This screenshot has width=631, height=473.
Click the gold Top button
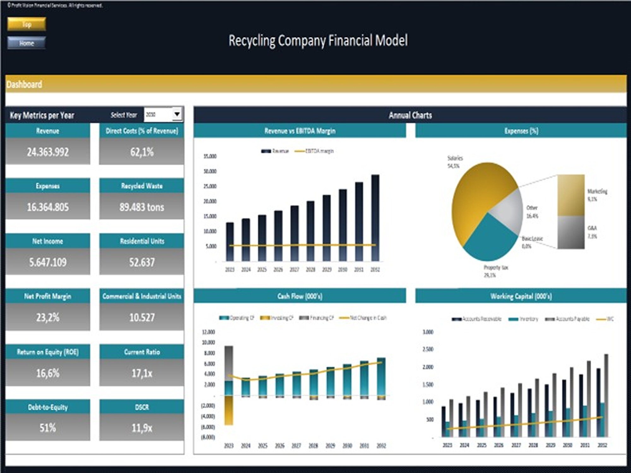[27, 24]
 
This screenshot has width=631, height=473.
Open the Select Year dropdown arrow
[177, 114]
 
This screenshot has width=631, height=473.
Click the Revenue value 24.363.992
[48, 152]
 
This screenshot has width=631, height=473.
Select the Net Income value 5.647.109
[48, 262]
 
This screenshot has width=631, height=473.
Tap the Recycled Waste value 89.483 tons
[142, 207]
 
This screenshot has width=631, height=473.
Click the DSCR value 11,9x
[142, 428]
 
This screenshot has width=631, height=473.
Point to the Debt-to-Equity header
[48, 407]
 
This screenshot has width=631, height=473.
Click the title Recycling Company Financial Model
[318, 41]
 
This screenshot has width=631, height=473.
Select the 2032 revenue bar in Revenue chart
[375, 218]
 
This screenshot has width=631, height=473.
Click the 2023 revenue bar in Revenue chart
[230, 242]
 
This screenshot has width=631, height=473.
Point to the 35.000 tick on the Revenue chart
[210, 156]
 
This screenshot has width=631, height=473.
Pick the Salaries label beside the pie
[455, 158]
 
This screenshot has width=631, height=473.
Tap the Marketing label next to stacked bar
[597, 191]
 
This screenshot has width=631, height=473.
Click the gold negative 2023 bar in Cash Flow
[229, 410]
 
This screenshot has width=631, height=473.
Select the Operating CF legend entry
[237, 318]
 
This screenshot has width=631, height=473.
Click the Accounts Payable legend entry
[568, 319]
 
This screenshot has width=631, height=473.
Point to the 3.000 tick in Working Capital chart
[428, 332]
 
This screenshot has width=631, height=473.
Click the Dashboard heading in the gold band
[24, 85]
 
